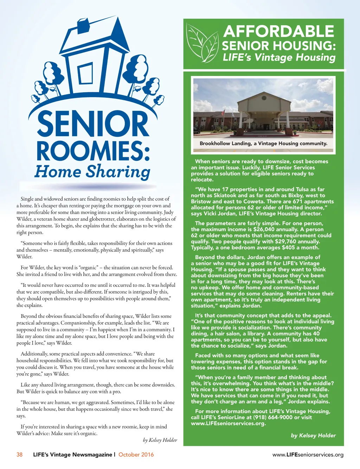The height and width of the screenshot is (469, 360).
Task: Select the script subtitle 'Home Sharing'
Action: click(x=92, y=171)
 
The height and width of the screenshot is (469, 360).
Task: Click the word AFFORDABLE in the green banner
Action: click(x=278, y=32)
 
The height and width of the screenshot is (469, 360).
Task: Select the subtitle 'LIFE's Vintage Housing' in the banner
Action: click(x=279, y=57)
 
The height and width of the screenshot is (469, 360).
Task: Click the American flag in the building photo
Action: click(x=223, y=112)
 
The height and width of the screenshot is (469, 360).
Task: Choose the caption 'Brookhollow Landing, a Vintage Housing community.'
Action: click(x=263, y=144)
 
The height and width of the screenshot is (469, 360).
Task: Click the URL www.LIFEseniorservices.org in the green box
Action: click(x=228, y=423)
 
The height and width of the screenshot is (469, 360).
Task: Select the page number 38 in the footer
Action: click(x=19, y=455)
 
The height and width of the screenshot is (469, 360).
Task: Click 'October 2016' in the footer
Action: click(x=136, y=455)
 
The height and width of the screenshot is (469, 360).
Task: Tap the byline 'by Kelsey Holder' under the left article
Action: click(x=160, y=440)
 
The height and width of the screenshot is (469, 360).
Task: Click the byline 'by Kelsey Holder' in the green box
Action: click(x=313, y=436)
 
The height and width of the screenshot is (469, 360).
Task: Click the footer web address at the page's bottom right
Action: click(x=308, y=455)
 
